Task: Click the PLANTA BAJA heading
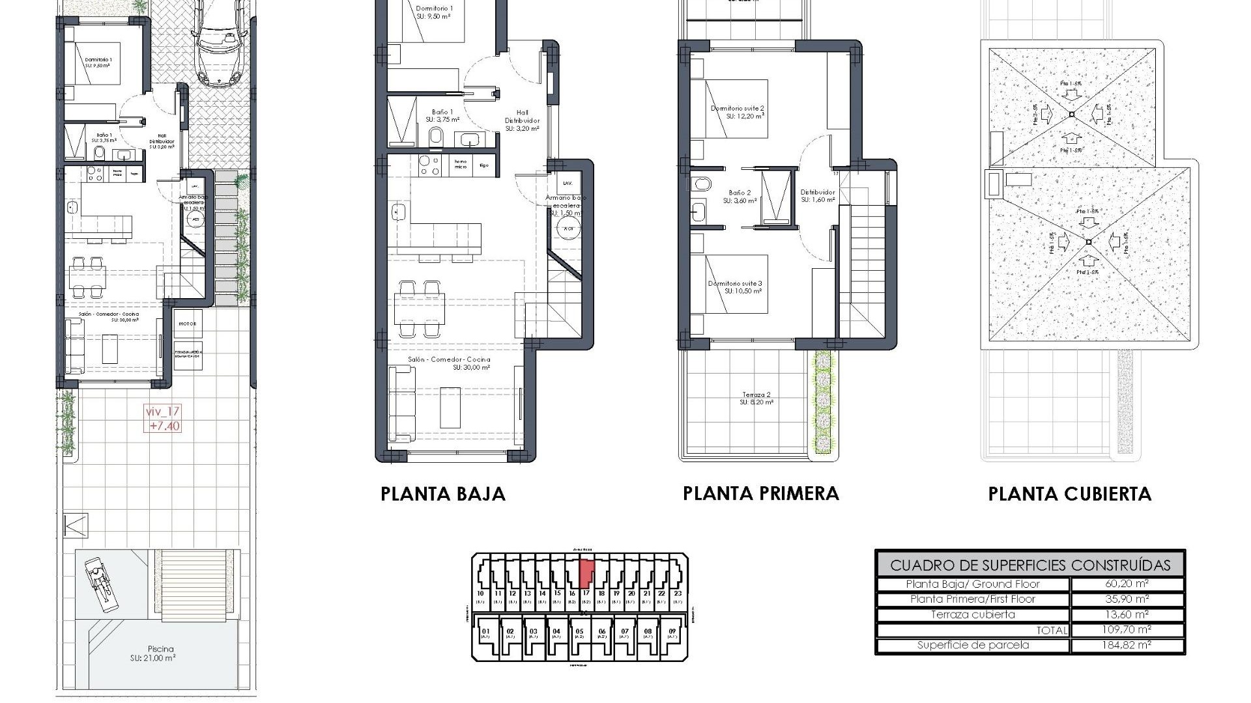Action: [443, 494]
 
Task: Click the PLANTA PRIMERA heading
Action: [760, 493]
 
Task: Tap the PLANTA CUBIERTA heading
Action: [1069, 494]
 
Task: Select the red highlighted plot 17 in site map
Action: [586, 573]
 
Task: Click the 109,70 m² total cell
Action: [1127, 629]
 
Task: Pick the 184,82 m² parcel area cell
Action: [1127, 645]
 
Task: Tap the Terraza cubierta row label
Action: [973, 614]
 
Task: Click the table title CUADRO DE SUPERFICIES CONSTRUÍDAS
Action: [1029, 565]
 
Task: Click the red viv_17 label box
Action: [163, 419]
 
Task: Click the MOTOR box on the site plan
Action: [188, 324]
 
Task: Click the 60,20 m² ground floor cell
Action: [1127, 584]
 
